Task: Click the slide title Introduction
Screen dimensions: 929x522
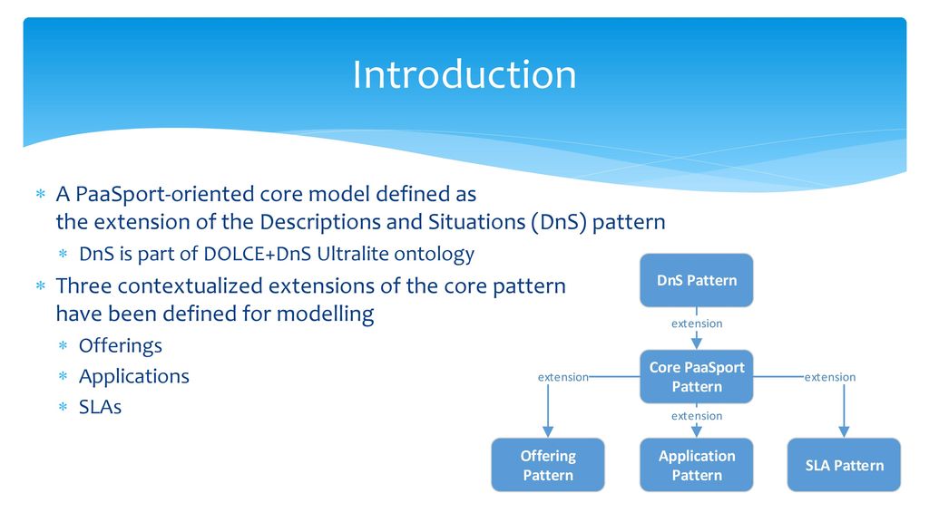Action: coord(464,74)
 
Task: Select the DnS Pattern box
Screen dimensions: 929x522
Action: coord(696,281)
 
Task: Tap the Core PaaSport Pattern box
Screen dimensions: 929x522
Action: coord(696,376)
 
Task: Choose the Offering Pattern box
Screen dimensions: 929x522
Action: coord(548,465)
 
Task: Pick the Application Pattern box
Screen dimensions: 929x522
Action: coord(696,465)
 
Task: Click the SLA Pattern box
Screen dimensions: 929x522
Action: coord(844,465)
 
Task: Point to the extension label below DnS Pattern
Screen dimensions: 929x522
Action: coord(697,324)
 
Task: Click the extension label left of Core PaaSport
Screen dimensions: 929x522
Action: coord(562,377)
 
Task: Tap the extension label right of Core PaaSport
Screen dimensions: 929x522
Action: coord(829,377)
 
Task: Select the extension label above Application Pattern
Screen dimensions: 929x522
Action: coord(697,416)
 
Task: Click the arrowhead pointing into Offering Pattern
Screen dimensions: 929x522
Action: coord(548,431)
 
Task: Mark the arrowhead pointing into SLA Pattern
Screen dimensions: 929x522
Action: coord(844,431)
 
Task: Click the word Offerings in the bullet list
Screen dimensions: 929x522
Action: coord(121,345)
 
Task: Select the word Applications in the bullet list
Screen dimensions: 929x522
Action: coord(134,376)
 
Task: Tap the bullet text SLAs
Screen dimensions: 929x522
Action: coord(100,407)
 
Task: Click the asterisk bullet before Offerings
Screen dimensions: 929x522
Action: coord(63,345)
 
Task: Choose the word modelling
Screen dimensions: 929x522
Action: coord(326,314)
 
